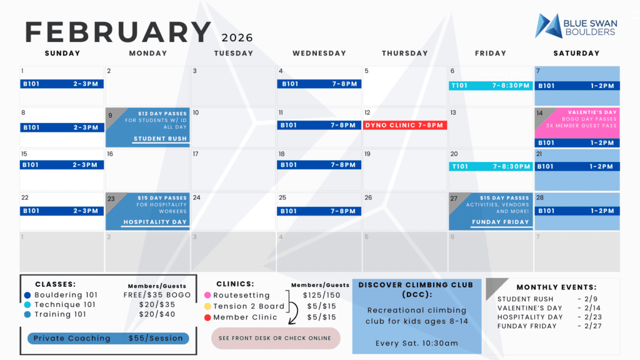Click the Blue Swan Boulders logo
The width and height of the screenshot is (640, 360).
click(x=576, y=26)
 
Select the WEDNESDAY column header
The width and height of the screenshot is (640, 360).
click(x=319, y=53)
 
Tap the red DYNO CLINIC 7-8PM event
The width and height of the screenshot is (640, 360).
click(x=405, y=125)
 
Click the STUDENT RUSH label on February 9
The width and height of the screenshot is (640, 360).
click(x=160, y=139)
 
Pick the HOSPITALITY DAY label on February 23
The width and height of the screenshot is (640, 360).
click(x=155, y=222)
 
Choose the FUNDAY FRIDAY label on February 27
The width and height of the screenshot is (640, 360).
click(x=499, y=222)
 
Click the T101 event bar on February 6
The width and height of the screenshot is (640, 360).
click(x=491, y=86)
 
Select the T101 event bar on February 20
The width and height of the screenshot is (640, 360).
click(x=491, y=166)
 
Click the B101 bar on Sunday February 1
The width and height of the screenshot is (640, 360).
click(x=62, y=84)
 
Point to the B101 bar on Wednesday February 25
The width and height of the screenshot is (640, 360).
click(x=319, y=211)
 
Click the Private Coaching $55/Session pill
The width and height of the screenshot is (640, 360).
click(x=108, y=338)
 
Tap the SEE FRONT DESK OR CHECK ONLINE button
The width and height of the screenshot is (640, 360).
click(x=276, y=338)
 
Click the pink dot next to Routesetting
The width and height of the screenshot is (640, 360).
click(x=207, y=295)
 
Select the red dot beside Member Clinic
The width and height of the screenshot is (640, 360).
click(x=207, y=317)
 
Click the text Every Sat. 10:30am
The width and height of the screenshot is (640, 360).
click(x=417, y=343)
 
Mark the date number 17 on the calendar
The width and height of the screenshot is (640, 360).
click(x=196, y=154)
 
